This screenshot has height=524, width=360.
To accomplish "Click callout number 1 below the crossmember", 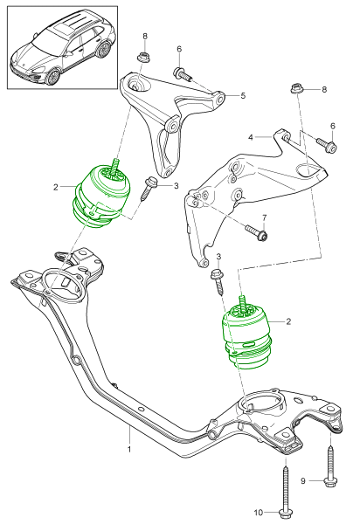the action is pyautogui.click(x=129, y=449).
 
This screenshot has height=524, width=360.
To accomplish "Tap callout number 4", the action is pyautogui.click(x=251, y=137).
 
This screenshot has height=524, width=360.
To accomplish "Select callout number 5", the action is pyautogui.click(x=243, y=95).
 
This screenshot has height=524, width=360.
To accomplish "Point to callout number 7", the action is pyautogui.click(x=265, y=217).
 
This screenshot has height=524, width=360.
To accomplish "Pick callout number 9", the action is pyautogui.click(x=303, y=481).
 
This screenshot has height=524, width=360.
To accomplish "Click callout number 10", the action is pyautogui.click(x=259, y=513).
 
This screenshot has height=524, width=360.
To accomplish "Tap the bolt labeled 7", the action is pyautogui.click(x=256, y=232).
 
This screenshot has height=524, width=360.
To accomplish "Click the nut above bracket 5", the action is pyautogui.click(x=143, y=57).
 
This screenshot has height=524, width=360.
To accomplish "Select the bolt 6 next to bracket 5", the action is pyautogui.click(x=183, y=74).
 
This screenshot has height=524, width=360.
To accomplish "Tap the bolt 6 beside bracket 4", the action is pyautogui.click(x=327, y=144).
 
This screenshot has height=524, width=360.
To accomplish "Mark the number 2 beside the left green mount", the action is pyautogui.click(x=56, y=187).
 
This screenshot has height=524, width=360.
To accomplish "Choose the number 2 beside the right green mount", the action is pyautogui.click(x=288, y=321).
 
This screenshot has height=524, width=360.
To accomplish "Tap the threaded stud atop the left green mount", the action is pyautogui.click(x=116, y=167).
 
